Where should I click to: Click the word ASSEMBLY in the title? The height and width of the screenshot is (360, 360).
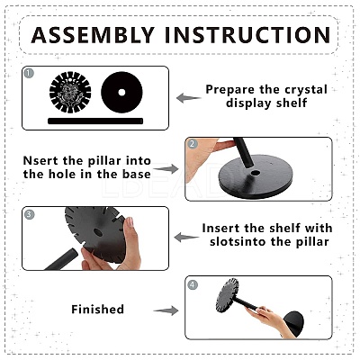coord(93,35)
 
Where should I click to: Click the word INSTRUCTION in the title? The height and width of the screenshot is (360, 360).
coord(247,35)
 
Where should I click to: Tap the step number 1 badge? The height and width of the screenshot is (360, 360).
coord(29,73)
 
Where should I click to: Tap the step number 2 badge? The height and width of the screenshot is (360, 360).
coord(193,144)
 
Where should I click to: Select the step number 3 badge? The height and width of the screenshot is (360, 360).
coord(29,214)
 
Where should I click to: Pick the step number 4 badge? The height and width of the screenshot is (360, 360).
coord(193,284)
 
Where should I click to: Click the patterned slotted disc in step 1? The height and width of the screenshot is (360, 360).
coord(70,93)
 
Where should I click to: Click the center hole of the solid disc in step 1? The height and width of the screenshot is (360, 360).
coord(121,93)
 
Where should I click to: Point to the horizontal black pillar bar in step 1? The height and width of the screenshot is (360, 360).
coord(95,121)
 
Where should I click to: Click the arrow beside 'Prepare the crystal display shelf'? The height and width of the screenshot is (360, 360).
coord(188,98)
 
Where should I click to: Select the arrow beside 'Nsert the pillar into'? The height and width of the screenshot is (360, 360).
coord(166,168)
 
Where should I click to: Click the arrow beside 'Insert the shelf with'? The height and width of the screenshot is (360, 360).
coord(186,237)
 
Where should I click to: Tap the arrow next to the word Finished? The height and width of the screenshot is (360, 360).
coord(166,310)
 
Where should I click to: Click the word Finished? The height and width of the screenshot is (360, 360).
coord(97,310)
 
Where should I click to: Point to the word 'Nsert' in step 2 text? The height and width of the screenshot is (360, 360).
coord(40,161)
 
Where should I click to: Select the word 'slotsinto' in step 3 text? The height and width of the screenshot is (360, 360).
coord(239,241)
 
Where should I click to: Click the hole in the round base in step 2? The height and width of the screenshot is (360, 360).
coord(256,173)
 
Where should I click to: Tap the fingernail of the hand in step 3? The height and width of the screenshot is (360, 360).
coord(130,222)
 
